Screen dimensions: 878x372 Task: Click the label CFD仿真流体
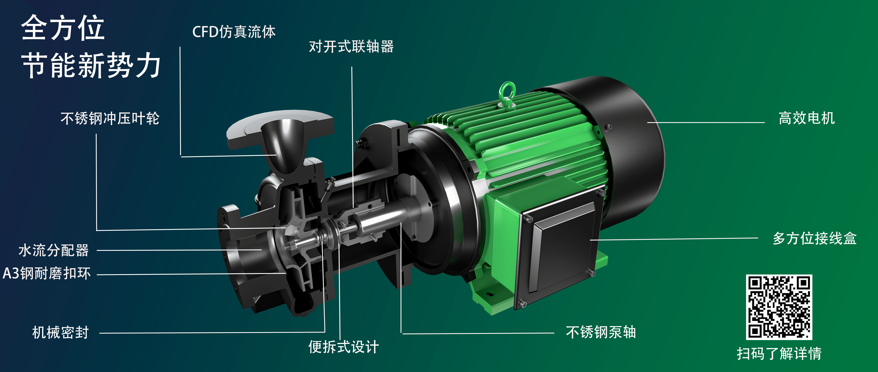(x=234, y=32)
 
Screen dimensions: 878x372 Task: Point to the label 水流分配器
(x=53, y=250)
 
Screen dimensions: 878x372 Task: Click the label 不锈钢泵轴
(x=601, y=332)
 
